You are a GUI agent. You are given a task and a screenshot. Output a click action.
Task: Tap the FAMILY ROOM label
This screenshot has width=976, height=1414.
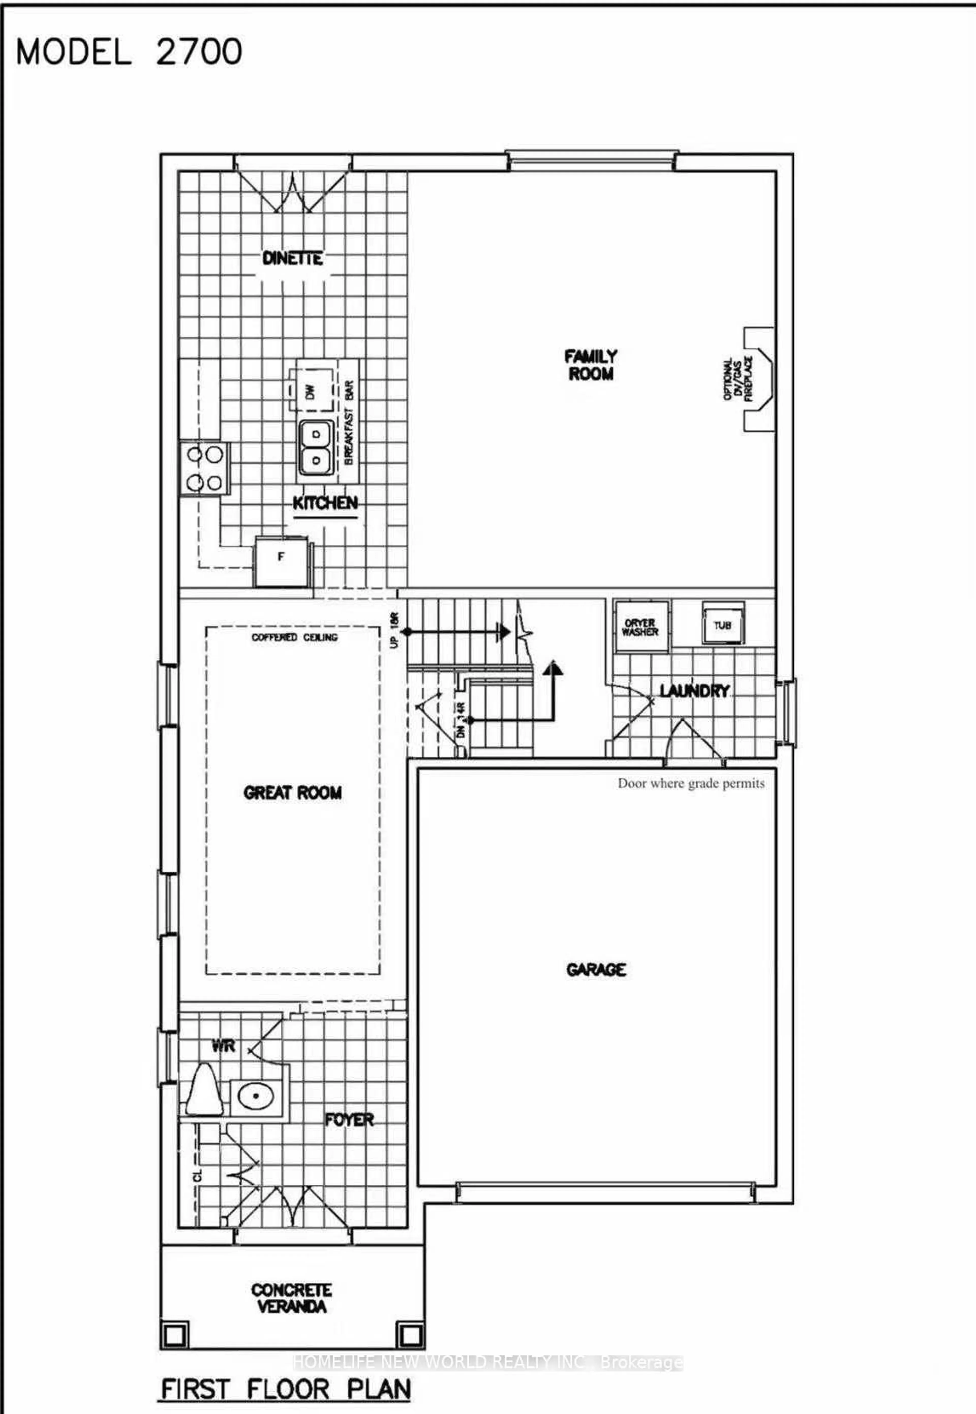(x=591, y=365)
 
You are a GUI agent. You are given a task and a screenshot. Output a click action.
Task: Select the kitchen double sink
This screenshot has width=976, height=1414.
(x=316, y=447)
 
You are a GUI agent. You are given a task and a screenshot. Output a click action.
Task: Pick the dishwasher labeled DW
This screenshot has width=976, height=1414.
(x=311, y=390)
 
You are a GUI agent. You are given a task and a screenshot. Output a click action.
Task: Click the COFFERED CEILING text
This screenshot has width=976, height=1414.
(x=294, y=637)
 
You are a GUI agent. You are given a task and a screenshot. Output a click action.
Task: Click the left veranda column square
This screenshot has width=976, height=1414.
(x=175, y=1334)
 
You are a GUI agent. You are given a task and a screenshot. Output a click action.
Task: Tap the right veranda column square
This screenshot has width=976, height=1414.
(x=409, y=1334)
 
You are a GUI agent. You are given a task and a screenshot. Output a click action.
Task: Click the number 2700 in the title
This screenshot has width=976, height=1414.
(x=199, y=52)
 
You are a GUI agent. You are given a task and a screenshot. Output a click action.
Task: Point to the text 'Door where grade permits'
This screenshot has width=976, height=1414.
(x=691, y=783)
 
